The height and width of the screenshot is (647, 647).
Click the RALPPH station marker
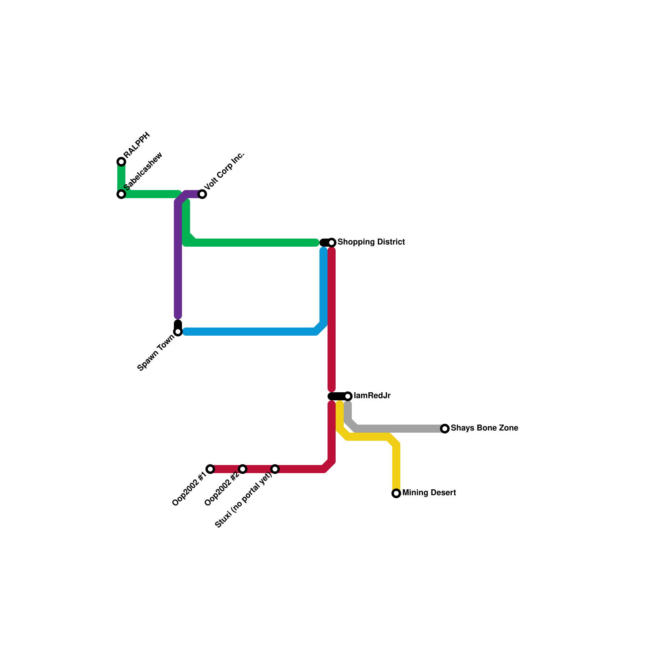[x=121, y=162]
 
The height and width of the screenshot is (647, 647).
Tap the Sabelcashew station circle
[x=121, y=194]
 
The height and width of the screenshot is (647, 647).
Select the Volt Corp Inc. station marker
[x=202, y=194]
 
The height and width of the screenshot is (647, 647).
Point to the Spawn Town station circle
[x=178, y=332]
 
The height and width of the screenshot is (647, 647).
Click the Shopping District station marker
[x=332, y=243]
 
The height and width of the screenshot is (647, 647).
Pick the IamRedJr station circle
[x=348, y=396]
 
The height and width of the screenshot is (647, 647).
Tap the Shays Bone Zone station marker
[x=445, y=429]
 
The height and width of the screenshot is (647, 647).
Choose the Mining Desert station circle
[x=396, y=493]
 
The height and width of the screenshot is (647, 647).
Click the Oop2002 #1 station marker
[x=210, y=469]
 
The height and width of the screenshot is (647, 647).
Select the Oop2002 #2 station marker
[x=243, y=469]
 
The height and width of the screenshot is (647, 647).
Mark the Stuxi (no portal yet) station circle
[x=275, y=469]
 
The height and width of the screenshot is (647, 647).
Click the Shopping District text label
[x=371, y=242]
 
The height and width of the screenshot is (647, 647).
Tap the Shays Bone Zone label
[x=484, y=428]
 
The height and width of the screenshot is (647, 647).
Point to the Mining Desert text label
[x=429, y=493]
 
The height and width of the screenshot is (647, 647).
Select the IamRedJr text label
[x=372, y=396]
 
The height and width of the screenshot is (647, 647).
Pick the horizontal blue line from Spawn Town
[x=251, y=332]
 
